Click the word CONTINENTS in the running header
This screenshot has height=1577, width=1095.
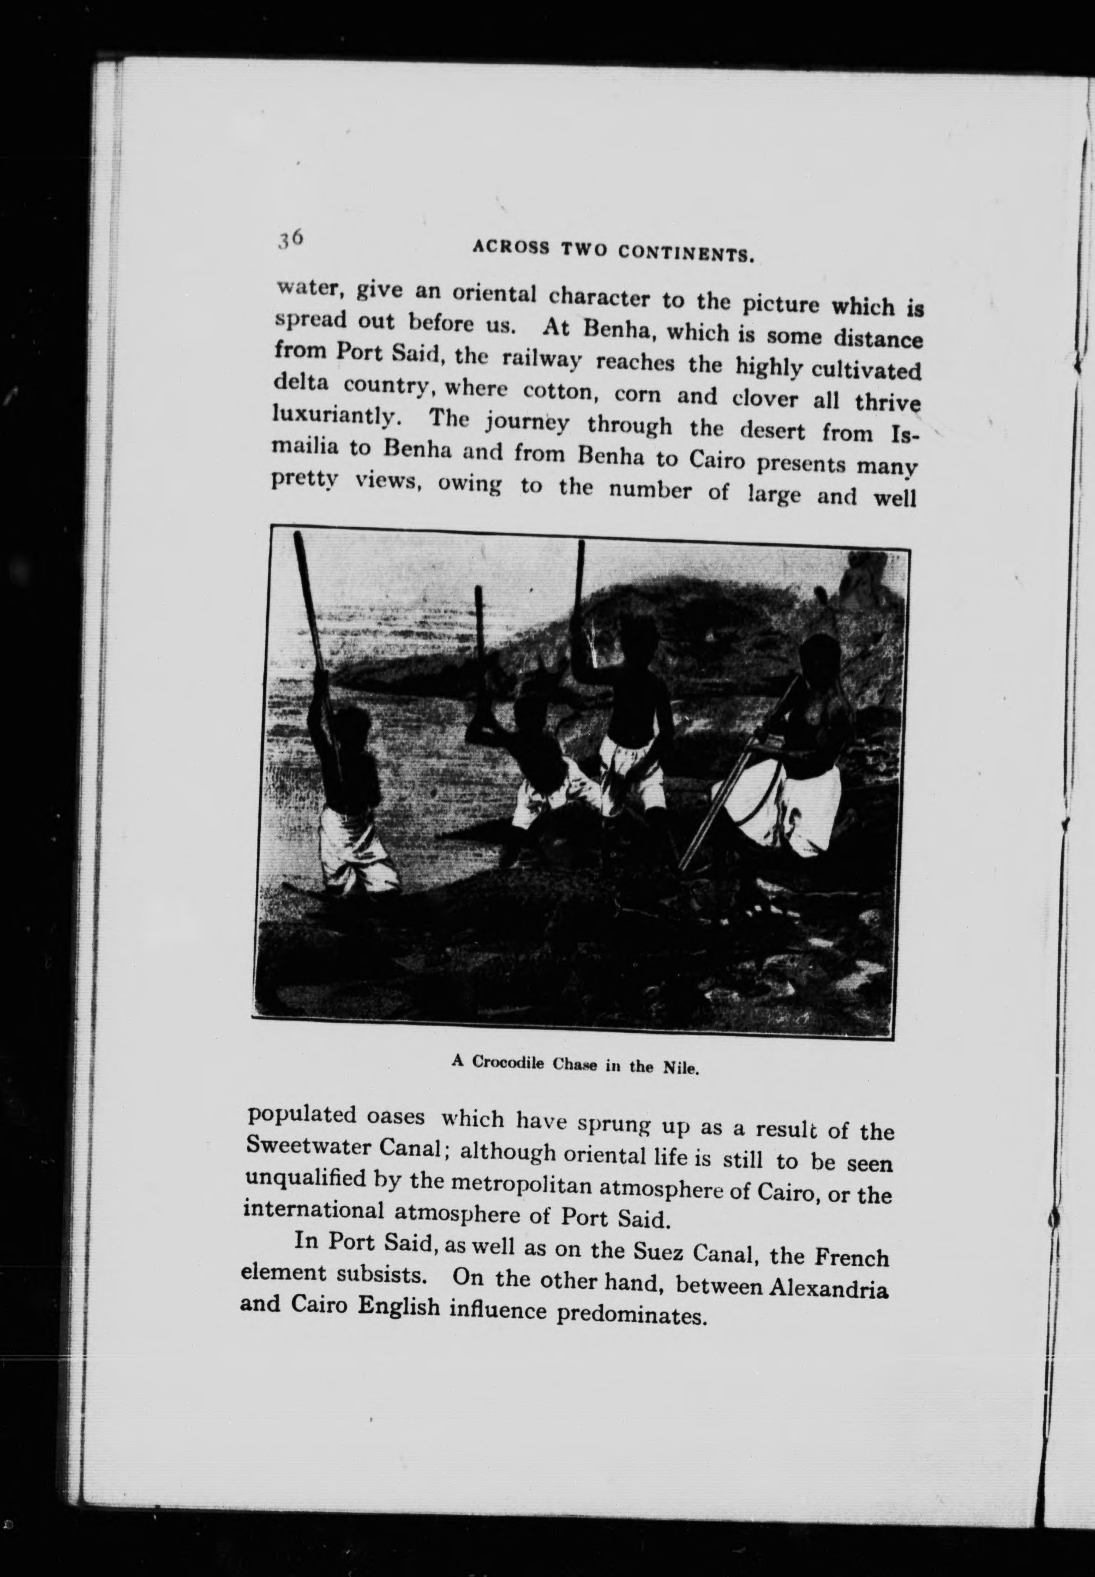686,254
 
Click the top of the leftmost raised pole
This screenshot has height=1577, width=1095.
299,542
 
